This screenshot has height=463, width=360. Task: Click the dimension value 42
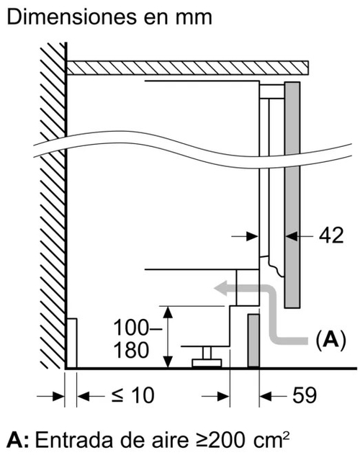tap(332, 235)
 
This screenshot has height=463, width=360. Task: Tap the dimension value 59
tap(305, 395)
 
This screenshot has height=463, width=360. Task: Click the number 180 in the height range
tap(131, 350)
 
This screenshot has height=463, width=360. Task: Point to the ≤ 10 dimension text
tap(133, 395)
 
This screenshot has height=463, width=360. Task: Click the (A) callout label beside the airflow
tap(330, 340)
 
